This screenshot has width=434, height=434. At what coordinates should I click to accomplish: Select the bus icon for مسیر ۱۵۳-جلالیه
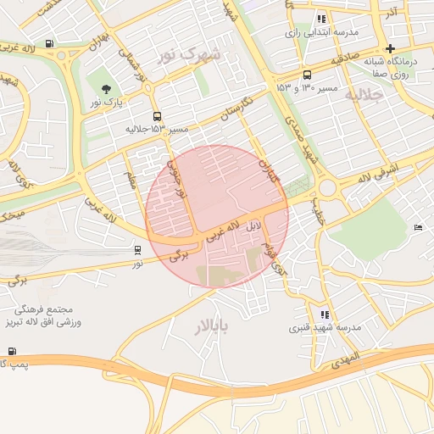156,116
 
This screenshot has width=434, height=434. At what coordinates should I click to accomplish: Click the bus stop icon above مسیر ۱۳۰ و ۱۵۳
307,75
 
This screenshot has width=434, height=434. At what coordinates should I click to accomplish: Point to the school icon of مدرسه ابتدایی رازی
321,19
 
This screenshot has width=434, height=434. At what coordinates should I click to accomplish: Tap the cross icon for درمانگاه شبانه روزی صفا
390,48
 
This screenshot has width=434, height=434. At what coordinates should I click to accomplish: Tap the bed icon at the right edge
418,227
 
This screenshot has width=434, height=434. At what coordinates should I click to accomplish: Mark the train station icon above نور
137,250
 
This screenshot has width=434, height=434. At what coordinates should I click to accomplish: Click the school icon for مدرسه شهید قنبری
325,314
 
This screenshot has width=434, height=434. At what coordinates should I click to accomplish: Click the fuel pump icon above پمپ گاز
12,351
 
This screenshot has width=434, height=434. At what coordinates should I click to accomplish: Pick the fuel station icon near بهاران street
49,44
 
